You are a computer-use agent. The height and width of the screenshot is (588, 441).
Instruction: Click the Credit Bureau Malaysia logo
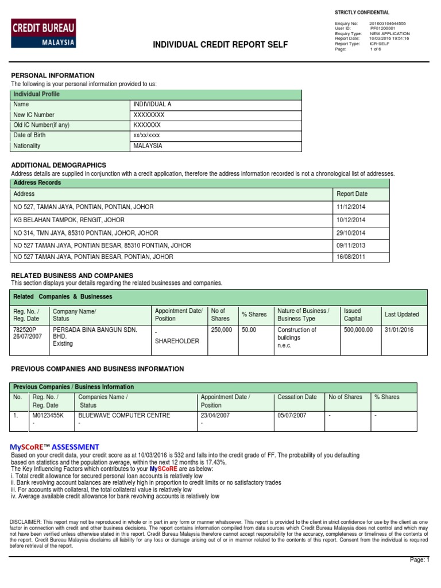click(43, 33)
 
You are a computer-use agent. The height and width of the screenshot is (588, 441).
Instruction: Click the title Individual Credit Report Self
click(220, 45)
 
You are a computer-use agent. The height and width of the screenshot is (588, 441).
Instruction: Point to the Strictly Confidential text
click(362, 13)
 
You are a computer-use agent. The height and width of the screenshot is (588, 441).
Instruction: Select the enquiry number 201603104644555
click(387, 24)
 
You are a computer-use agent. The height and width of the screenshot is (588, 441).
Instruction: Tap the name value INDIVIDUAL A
click(152, 105)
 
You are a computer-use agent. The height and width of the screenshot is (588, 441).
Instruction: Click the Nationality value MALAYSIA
click(148, 146)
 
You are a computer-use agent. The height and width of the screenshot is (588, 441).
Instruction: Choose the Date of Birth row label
click(29, 136)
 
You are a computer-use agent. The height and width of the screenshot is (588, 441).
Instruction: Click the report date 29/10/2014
click(351, 233)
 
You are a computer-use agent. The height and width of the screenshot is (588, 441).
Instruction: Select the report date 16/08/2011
click(351, 257)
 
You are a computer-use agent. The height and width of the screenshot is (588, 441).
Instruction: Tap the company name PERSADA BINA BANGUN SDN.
click(95, 330)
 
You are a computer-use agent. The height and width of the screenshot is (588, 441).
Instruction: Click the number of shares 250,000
click(222, 330)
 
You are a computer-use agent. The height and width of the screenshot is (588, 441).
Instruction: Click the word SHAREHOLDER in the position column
click(177, 341)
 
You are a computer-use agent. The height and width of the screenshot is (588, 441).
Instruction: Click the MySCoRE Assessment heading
click(55, 447)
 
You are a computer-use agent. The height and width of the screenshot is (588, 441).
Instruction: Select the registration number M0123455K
click(48, 415)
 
